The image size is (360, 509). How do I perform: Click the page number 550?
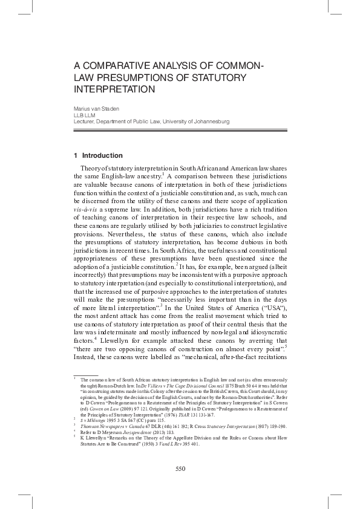180,468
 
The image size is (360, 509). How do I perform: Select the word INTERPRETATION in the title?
114,89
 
